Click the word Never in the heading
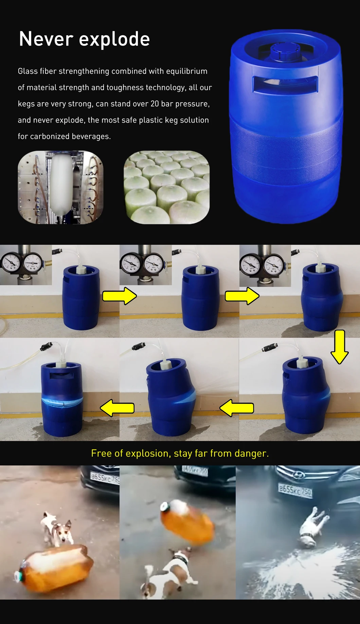[x=46, y=39]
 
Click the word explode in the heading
[x=114, y=39]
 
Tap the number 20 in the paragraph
[x=155, y=104]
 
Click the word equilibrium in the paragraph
[x=186, y=71]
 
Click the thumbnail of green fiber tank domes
[x=166, y=187]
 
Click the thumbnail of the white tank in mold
[x=60, y=187]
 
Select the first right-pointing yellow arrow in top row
[x=120, y=296]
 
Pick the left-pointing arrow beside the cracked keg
[x=117, y=408]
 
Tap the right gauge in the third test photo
[x=274, y=264]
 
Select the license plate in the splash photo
[x=295, y=491]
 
